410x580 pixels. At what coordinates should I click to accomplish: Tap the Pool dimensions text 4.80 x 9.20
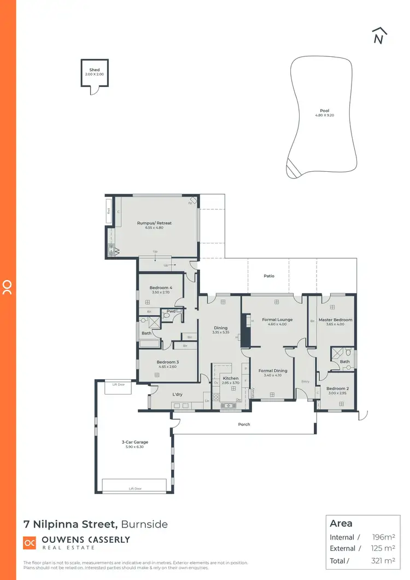(x=324, y=115)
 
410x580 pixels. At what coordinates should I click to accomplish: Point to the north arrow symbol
(x=378, y=36)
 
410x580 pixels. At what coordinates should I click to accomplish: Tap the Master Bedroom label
(x=335, y=320)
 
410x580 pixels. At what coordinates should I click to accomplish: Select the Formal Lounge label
(x=277, y=320)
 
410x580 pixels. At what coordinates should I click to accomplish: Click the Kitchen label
(x=230, y=379)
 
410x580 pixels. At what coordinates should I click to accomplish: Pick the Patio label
(x=269, y=276)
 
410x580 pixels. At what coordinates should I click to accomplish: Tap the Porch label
(x=244, y=424)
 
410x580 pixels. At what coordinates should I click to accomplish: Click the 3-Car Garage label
(x=135, y=442)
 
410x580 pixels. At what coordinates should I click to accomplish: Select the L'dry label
(x=177, y=394)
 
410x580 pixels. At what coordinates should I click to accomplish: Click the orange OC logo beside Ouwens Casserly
(x=30, y=543)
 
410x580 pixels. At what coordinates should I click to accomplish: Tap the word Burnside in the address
(x=144, y=524)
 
